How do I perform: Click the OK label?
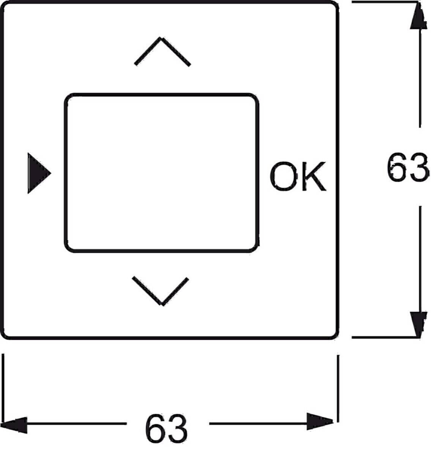tap(298, 176)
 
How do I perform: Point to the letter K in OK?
tap(314, 176)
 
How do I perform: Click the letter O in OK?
tap(284, 176)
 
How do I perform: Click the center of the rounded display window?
tap(162, 173)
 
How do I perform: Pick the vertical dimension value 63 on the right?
tap(407, 167)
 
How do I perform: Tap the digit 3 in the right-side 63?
tap(419, 167)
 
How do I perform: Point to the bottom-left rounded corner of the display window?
tap(68, 249)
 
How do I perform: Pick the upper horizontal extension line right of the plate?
tap(385, 2)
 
